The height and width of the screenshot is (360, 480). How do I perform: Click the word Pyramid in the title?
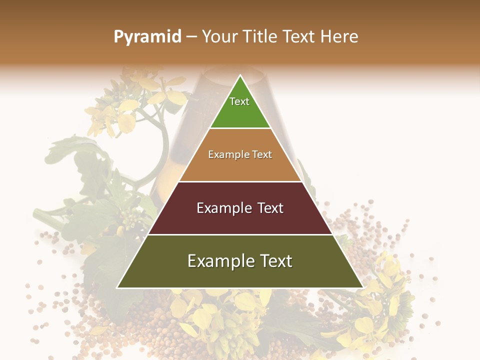tap(147, 37)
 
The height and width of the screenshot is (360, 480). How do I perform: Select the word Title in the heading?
tap(259, 36)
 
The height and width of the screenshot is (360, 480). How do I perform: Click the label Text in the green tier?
tap(239, 101)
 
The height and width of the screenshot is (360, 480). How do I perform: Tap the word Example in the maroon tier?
tap(222, 208)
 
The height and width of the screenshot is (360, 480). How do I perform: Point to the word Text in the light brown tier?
tap(262, 154)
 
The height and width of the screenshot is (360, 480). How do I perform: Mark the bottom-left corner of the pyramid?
tap(117, 287)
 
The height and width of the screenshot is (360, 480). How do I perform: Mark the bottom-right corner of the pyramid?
tap(362, 287)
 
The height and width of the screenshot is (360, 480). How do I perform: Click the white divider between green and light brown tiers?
tap(240, 128)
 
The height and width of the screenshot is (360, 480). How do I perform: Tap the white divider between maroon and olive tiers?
tap(240, 234)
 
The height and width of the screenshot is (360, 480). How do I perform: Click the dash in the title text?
tap(191, 37)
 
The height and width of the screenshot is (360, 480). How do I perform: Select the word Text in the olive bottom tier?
tap(274, 261)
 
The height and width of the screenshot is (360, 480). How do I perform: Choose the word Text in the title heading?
tap(299, 36)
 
